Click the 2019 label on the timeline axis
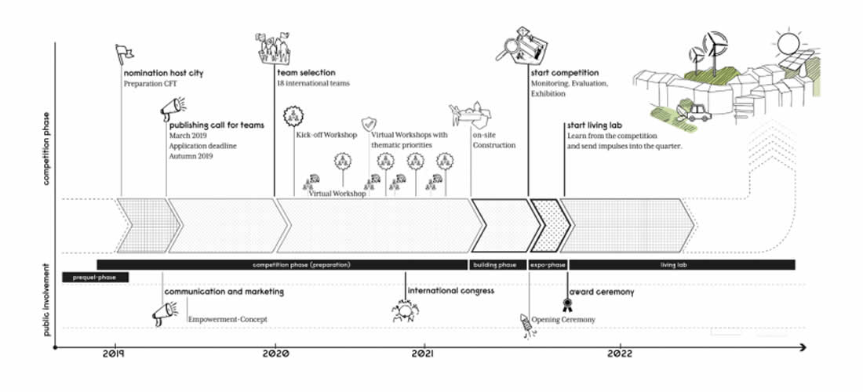(116, 354)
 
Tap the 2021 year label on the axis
(424, 354)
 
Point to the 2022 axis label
(621, 354)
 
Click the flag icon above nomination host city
(122, 53)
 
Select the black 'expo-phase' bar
(547, 265)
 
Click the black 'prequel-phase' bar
(94, 278)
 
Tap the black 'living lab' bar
(681, 265)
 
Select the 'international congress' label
(450, 292)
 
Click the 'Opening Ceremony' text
(563, 320)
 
